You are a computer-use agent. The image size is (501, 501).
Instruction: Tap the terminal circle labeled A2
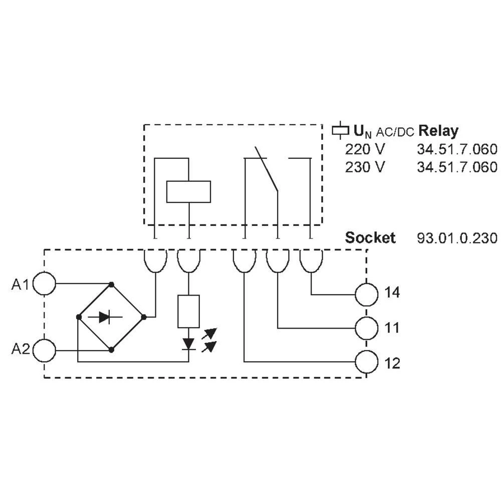pos(44,350)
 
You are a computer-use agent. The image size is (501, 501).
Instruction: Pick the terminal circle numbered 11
pos(366,329)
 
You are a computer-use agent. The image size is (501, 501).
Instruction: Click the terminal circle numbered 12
pos(366,361)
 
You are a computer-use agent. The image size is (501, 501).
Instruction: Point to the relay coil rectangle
pos(188,191)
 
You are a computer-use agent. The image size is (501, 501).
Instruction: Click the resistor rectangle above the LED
pos(188,311)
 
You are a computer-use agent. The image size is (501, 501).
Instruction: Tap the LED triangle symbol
pos(188,343)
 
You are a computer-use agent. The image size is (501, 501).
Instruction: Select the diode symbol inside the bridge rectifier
pos(104,317)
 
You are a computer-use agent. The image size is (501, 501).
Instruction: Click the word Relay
pos(438,131)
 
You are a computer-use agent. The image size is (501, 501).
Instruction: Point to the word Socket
pos(370,237)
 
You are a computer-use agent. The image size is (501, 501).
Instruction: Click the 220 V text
pos(366,149)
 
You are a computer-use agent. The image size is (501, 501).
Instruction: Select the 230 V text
pos(366,167)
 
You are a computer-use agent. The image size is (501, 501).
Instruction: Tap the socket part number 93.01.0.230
pos(457,237)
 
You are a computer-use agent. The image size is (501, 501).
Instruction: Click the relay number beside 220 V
pos(457,149)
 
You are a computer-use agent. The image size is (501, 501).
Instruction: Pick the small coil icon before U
pos(340,131)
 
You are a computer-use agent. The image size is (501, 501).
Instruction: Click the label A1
pos(21,285)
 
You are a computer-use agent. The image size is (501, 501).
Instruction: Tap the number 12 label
pos(392,363)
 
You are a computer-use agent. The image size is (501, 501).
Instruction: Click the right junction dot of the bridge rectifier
pos(144,317)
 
